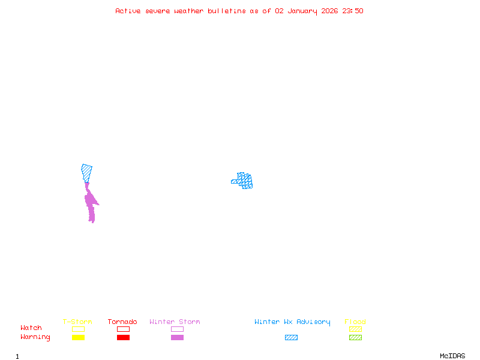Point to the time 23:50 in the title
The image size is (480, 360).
[352, 11]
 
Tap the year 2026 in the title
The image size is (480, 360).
[329, 11]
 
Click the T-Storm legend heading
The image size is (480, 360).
[77, 322]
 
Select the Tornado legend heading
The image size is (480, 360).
[122, 322]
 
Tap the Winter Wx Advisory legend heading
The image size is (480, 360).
[292, 322]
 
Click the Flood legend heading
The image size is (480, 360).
[355, 322]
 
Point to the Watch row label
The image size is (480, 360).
[31, 328]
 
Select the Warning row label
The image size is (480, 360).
[35, 337]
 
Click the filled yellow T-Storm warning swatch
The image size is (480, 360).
[78, 338]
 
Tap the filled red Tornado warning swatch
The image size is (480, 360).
[123, 338]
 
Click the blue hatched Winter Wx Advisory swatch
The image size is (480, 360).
[291, 338]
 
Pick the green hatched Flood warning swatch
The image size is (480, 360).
[355, 338]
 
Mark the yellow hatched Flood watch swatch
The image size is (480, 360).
[355, 329]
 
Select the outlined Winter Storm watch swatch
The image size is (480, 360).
[177, 329]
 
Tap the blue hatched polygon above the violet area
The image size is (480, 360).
[87, 172]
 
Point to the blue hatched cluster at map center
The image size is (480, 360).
[244, 180]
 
